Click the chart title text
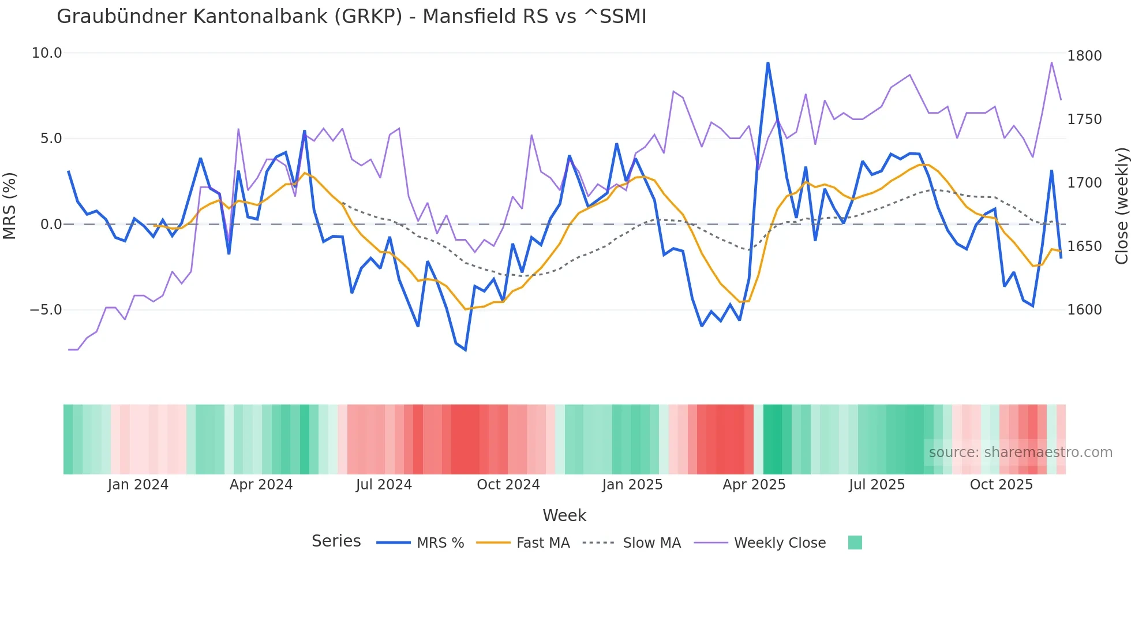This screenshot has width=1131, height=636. (351, 17)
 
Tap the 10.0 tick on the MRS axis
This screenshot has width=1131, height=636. (46, 53)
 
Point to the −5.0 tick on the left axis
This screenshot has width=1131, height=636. (46, 310)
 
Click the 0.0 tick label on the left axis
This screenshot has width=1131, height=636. (51, 225)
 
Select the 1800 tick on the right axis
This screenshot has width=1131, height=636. (1084, 56)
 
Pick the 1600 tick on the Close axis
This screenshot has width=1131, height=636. (1084, 310)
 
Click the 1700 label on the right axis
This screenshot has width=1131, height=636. (1084, 183)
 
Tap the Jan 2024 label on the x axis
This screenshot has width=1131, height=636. (138, 485)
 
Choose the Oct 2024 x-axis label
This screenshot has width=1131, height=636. (508, 485)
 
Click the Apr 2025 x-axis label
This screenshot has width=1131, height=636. (754, 485)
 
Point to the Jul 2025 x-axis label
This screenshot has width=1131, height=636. (877, 485)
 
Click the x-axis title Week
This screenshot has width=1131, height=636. (564, 515)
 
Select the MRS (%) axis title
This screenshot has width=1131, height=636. (9, 205)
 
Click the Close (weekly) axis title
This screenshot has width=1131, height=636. (1121, 206)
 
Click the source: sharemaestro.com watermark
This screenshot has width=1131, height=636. (1020, 452)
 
